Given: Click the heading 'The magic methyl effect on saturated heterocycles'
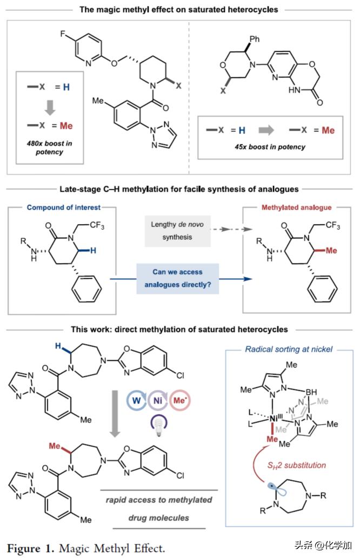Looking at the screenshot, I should point(179,9).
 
